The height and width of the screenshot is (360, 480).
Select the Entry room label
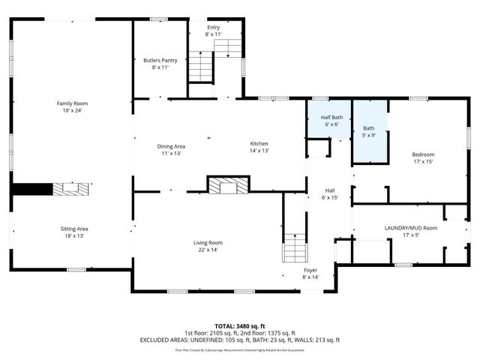click(214, 27)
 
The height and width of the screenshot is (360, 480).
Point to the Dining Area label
click(170, 146)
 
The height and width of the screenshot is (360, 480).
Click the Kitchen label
click(259, 144)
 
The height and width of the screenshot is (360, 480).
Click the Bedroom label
click(423, 154)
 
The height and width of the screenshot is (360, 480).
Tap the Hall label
click(329, 190)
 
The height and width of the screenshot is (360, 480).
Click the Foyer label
click(310, 269)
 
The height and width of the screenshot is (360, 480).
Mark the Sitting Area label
click(74, 228)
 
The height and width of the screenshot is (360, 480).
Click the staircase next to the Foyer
click(295, 247)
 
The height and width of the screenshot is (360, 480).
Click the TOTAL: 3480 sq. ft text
click(240, 326)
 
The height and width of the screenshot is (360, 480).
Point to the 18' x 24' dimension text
click(72, 110)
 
